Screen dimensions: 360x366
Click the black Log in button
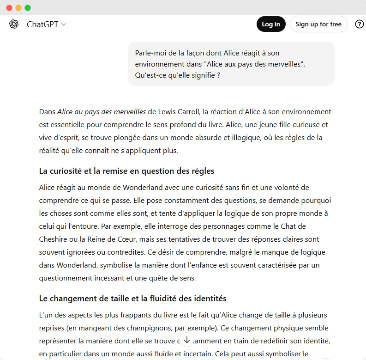pyautogui.click(x=271, y=24)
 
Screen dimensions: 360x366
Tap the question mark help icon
pyautogui.click(x=360, y=24)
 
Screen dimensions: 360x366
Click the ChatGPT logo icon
pyautogui.click(x=14, y=24)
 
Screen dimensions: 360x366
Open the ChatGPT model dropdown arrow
pyautogui.click(x=64, y=24)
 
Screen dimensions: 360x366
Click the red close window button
pyautogui.click(x=9, y=8)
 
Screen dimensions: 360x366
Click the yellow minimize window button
pyautogui.click(x=18, y=8)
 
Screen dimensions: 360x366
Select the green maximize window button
pyautogui.click(x=28, y=8)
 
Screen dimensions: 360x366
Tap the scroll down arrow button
pyautogui.click(x=186, y=340)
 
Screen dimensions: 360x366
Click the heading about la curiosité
pyautogui.click(x=127, y=171)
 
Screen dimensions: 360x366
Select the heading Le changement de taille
pyautogui.click(x=133, y=299)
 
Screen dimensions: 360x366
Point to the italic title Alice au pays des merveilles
pyautogui.click(x=102, y=112)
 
